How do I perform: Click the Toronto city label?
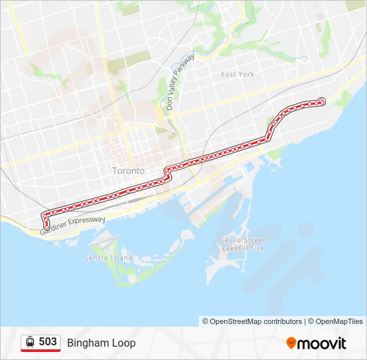coord(128,171)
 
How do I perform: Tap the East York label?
coord(238,74)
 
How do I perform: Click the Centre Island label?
coord(108,257)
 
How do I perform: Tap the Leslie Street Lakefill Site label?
coord(243,244)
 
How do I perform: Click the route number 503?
coord(47,342)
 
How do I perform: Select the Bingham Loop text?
coord(101,343)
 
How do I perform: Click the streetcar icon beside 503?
coord(30,342)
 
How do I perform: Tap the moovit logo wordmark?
coord(322,343)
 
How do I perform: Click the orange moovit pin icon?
coord(292,343)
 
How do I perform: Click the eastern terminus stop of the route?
coord(322,101)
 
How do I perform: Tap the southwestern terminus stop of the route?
coord(46,228)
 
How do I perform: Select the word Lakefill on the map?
coord(235,248)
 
